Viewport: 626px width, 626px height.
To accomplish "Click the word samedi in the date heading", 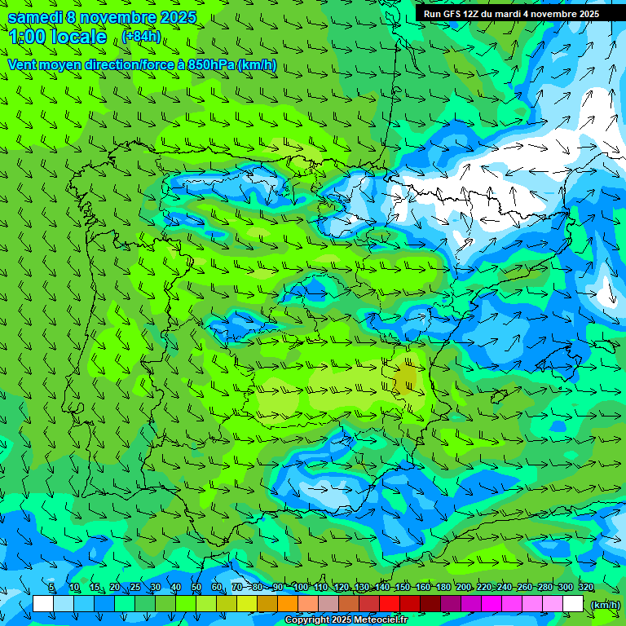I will (38, 17).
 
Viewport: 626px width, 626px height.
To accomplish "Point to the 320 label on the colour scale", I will (585, 587).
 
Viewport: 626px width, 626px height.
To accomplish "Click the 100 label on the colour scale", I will (300, 587).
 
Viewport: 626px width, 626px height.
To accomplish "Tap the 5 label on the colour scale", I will (51, 587).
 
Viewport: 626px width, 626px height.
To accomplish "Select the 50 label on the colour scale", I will (196, 587).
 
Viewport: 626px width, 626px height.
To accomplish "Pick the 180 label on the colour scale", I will (443, 587).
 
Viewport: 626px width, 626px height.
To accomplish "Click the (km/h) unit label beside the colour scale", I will (604, 604).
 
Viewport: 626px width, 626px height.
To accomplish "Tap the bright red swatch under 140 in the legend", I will (390, 604).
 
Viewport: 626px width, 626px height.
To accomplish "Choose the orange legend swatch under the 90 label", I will (288, 604).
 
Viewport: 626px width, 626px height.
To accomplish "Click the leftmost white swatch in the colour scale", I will (43, 604).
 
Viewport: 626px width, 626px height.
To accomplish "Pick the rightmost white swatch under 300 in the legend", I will (573, 604).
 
